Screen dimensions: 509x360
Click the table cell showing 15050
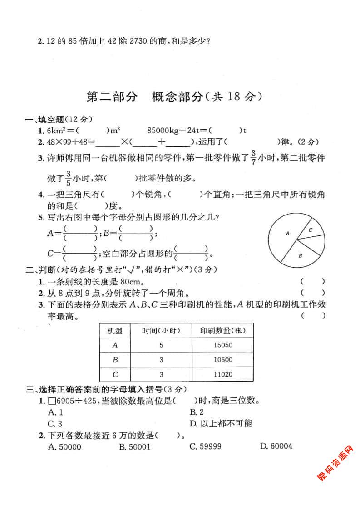click(222, 345)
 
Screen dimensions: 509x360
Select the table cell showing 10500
click(222, 360)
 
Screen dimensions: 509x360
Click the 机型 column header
click(114, 330)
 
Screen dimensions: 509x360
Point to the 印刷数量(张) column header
click(222, 330)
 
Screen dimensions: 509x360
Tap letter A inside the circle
click(287, 234)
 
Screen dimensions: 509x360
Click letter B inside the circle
click(300, 256)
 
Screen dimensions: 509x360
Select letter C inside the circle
click(311, 230)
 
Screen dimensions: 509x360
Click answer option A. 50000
click(64, 446)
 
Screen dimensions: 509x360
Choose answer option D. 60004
click(276, 446)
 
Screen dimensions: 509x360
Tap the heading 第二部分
click(111, 97)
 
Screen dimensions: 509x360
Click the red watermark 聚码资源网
click(335, 463)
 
